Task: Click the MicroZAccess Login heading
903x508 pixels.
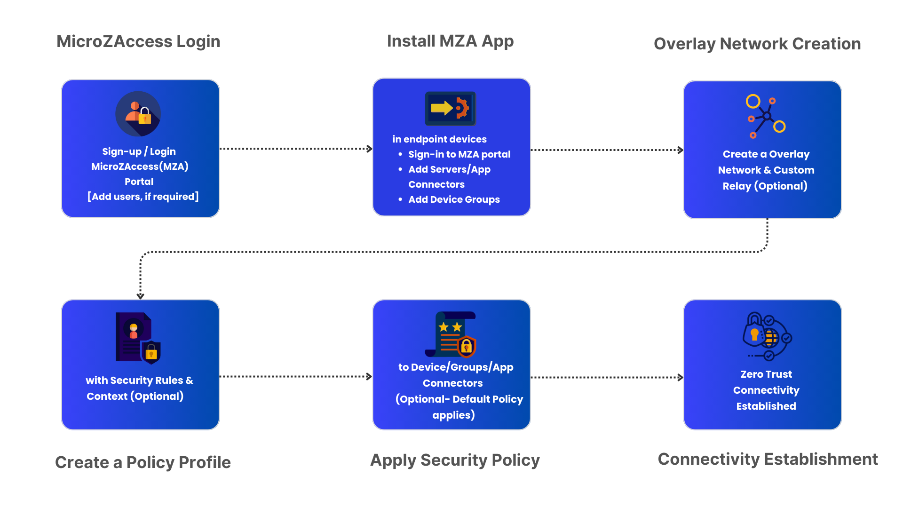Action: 138,41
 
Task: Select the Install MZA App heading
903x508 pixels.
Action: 450,41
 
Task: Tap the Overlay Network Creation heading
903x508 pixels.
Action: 757,44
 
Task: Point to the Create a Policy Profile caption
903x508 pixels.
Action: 143,462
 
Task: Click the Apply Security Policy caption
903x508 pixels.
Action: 455,460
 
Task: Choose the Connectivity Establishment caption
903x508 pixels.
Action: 768,459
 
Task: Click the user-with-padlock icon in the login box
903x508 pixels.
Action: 138,114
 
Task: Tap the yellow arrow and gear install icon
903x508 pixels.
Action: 450,109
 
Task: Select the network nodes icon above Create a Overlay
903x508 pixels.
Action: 765,117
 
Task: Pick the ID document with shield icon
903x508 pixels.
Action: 138,338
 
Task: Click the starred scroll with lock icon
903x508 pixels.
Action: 451,334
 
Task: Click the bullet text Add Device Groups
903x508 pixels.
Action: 454,199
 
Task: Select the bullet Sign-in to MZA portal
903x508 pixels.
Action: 459,154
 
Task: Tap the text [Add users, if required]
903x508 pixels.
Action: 143,197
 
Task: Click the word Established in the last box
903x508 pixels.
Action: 766,406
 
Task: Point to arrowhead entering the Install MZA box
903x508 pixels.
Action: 370,149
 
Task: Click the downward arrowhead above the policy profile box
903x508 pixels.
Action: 140,296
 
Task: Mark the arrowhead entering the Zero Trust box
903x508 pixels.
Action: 681,377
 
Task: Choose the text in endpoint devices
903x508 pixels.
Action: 439,139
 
